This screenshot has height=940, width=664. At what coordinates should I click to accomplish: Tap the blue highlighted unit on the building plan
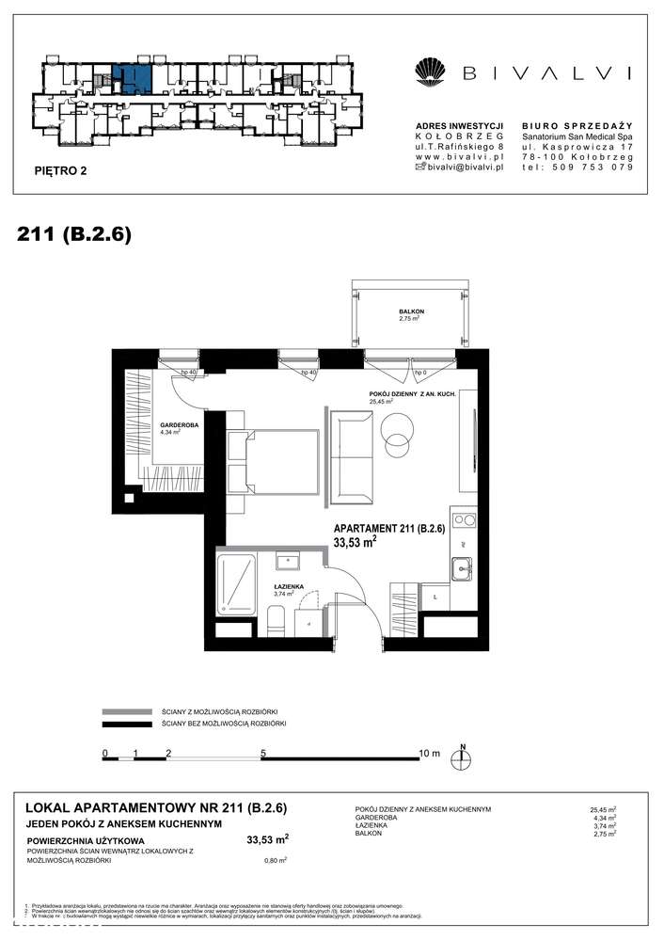coord(133,77)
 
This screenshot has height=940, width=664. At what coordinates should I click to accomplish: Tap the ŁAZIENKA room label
coord(289,587)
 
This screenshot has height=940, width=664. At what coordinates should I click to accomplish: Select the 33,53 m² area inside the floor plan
coord(356,542)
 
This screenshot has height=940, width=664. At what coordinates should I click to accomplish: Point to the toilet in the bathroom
coord(276,620)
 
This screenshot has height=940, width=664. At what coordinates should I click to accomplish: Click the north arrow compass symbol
coord(463,757)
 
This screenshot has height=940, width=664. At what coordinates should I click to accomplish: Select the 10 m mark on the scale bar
coord(428,753)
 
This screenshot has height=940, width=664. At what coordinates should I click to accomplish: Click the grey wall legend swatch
coord(126,712)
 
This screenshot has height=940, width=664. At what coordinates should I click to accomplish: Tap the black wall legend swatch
coord(126,724)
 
